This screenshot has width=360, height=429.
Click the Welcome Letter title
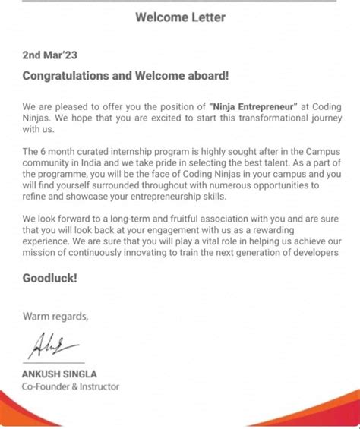pyautogui.click(x=180, y=17)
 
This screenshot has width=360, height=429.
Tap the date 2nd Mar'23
pyautogui.click(x=51, y=55)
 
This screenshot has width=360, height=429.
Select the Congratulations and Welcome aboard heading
pyautogui.click(x=125, y=75)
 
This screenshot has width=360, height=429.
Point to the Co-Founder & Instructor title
pyautogui.click(x=71, y=386)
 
